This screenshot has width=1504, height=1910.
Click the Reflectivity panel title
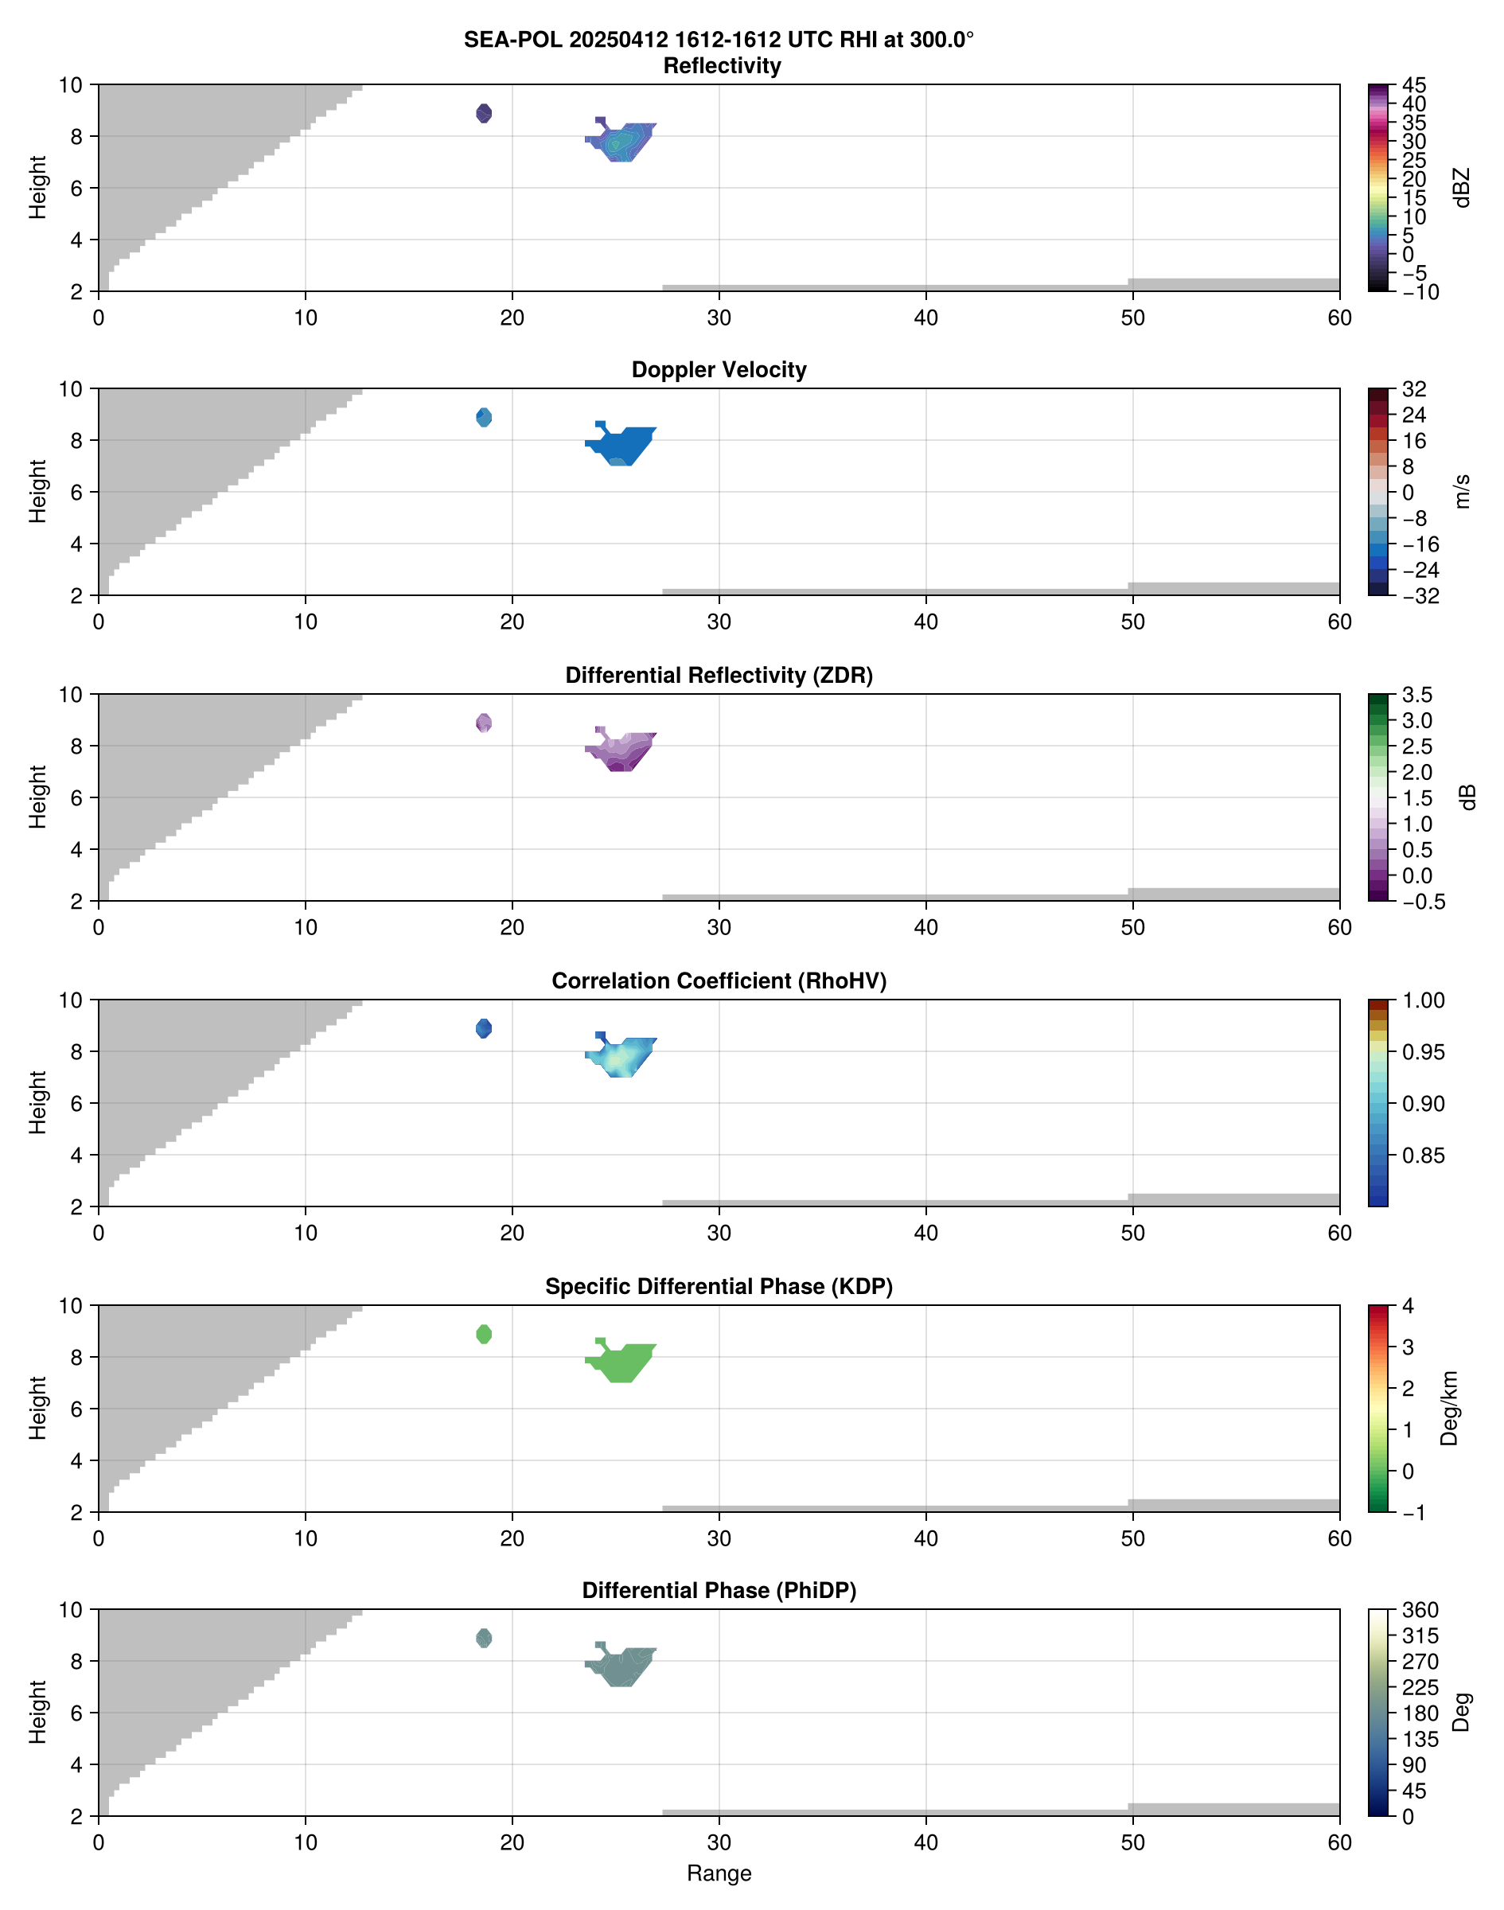click(x=722, y=66)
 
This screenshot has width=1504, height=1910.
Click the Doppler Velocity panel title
click(x=719, y=370)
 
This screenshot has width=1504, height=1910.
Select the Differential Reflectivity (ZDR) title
click(x=719, y=676)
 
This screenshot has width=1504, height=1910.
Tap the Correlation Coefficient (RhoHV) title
click(x=719, y=981)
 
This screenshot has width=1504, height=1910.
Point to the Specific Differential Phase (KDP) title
click(x=719, y=1287)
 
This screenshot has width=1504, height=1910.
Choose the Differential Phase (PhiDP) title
click(x=719, y=1590)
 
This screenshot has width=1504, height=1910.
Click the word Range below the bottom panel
click(x=719, y=1873)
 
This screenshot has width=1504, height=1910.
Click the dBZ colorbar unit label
click(x=1463, y=188)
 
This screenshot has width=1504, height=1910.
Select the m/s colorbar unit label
click(x=1463, y=491)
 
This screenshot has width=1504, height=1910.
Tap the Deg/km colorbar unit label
click(x=1448, y=1408)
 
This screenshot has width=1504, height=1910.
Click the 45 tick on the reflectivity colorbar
click(x=1414, y=85)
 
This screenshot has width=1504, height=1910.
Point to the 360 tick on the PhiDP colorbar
click(x=1420, y=1610)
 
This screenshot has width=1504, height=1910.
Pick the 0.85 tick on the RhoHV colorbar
click(x=1423, y=1156)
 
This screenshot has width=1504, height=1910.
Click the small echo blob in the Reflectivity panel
click(x=484, y=114)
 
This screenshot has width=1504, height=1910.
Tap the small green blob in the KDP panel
click(x=484, y=1334)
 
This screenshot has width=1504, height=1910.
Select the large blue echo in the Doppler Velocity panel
click(x=623, y=445)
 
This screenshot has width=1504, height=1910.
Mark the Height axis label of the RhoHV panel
click(x=37, y=1102)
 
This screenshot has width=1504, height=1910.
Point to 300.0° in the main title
click(x=941, y=41)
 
